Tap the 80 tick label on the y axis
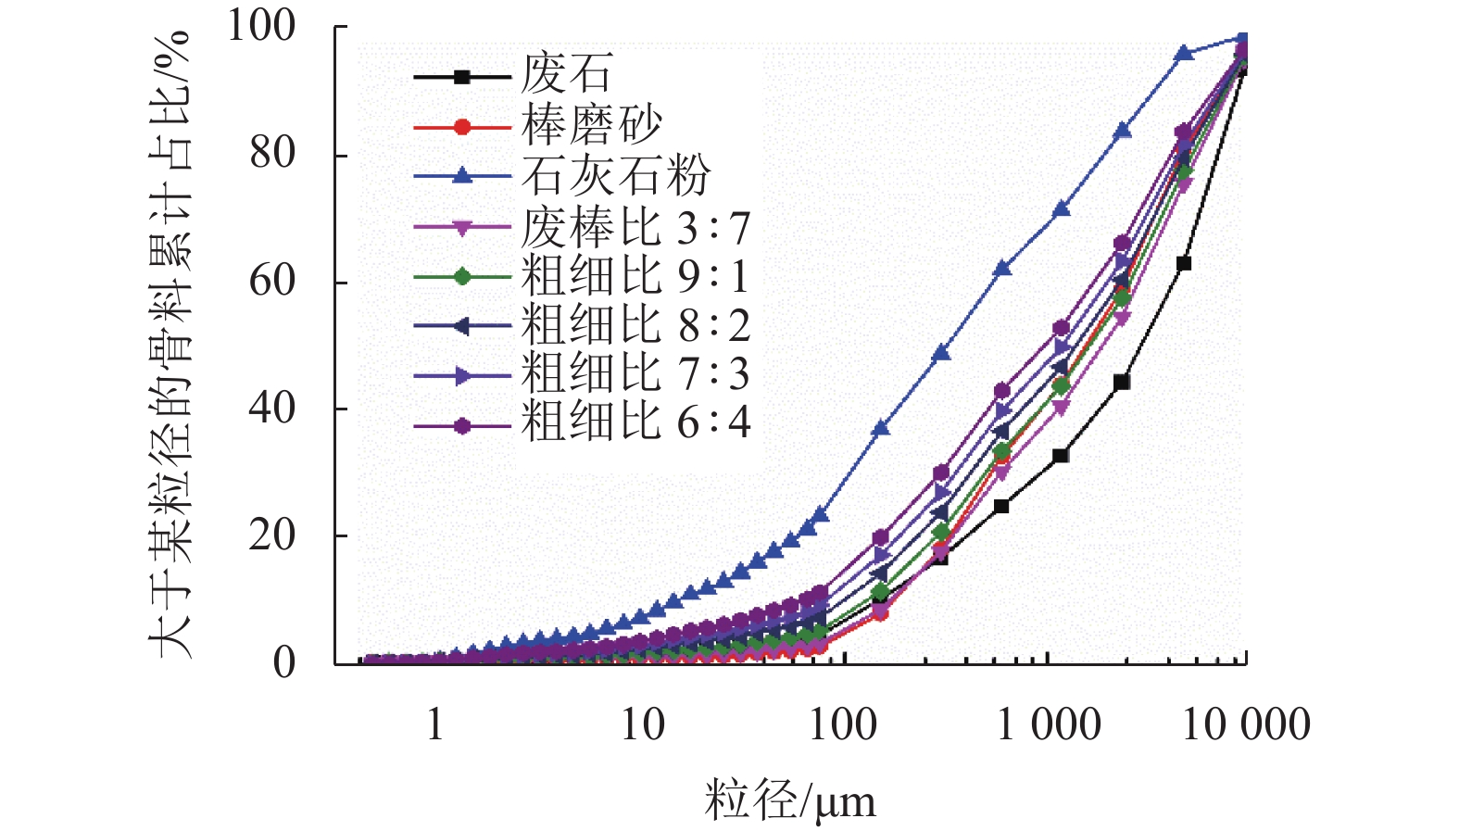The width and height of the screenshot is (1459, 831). pos(272,154)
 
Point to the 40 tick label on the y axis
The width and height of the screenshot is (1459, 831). pos(272,408)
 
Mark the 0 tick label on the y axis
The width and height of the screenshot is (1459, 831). pos(284,662)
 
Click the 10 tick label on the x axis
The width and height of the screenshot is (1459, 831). pos(642,724)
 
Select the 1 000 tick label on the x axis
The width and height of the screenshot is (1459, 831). pos(1049,724)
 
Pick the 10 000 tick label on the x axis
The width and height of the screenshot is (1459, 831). pos(1246,724)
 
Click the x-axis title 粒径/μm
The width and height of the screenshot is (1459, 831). pos(789,800)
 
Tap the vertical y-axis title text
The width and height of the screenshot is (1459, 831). pos(171,343)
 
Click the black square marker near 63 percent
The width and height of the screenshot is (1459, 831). pos(1183,264)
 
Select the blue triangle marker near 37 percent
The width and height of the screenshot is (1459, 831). pos(881,428)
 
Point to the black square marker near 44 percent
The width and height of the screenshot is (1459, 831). pos(1122,382)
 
